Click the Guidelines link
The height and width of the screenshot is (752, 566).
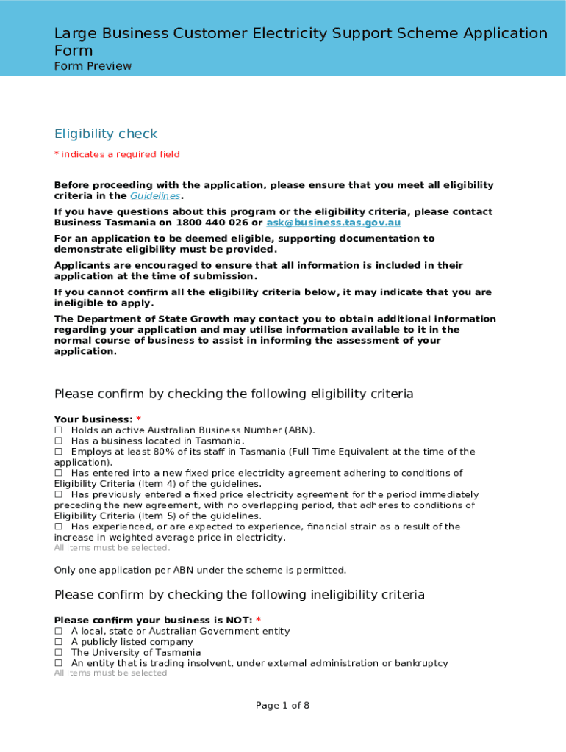pyautogui.click(x=155, y=196)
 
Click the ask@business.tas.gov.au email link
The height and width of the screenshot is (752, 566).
pyautogui.click(x=333, y=223)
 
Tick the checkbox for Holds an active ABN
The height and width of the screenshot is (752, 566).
pyautogui.click(x=58, y=430)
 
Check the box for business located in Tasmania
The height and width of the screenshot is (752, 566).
pyautogui.click(x=58, y=441)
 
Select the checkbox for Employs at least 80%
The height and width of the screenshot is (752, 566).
pyautogui.click(x=58, y=452)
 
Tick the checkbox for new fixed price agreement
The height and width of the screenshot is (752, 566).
pyautogui.click(x=58, y=473)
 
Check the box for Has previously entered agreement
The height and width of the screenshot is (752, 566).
pyautogui.click(x=58, y=495)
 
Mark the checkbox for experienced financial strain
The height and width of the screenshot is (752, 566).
pyautogui.click(x=58, y=527)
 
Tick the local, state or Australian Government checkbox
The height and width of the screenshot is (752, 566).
pyautogui.click(x=58, y=632)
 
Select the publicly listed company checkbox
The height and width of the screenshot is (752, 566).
pyautogui.click(x=58, y=642)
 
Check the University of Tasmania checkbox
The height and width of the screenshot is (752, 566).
pyautogui.click(x=58, y=653)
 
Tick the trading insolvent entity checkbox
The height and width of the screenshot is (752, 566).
pyautogui.click(x=58, y=663)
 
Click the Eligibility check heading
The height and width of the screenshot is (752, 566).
pyautogui.click(x=106, y=134)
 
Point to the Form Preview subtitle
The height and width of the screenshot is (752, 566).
pyautogui.click(x=93, y=66)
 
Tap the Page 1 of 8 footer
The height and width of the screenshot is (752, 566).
pyautogui.click(x=282, y=706)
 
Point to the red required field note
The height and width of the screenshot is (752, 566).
pyautogui.click(x=117, y=154)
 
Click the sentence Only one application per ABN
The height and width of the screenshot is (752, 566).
pyautogui.click(x=200, y=570)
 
